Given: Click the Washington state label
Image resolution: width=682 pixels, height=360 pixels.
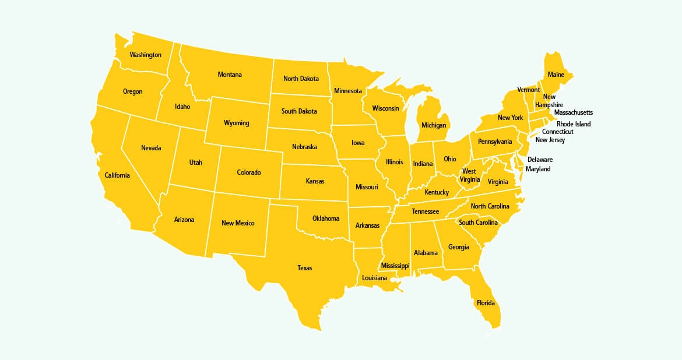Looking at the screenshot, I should click(145, 55).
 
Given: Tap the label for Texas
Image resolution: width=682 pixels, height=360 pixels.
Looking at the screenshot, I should click(305, 268).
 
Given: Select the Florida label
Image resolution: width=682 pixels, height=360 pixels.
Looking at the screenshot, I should click(486, 303).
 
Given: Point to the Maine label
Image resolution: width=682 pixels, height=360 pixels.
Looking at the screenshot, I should click(556, 75).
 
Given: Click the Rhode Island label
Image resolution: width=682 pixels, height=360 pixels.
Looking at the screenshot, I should click(574, 124).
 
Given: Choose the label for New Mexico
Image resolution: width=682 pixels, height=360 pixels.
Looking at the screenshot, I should click(238, 223).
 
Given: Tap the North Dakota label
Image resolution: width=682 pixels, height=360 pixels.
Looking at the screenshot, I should click(301, 79).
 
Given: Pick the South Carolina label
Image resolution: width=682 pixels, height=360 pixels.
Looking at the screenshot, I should click(478, 223).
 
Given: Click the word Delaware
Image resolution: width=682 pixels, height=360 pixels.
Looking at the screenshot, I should click(540, 160).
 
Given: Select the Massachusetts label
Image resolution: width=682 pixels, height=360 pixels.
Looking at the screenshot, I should click(574, 112).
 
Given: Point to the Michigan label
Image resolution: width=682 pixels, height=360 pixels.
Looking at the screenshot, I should click(434, 125).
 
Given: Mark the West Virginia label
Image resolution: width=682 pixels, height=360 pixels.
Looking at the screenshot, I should click(469, 175).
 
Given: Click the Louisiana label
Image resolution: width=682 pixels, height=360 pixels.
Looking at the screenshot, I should click(374, 278).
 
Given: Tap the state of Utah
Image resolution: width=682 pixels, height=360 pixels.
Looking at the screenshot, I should click(196, 163).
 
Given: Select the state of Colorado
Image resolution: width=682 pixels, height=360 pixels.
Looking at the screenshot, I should click(249, 172).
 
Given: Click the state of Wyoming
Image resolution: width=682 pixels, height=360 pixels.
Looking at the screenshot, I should click(236, 123).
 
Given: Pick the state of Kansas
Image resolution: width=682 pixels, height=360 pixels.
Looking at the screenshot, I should click(315, 181).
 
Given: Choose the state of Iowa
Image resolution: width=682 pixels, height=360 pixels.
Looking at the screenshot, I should click(358, 143).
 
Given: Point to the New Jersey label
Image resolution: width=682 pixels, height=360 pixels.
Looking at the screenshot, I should click(550, 140).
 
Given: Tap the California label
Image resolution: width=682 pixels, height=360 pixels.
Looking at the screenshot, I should click(117, 175).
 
